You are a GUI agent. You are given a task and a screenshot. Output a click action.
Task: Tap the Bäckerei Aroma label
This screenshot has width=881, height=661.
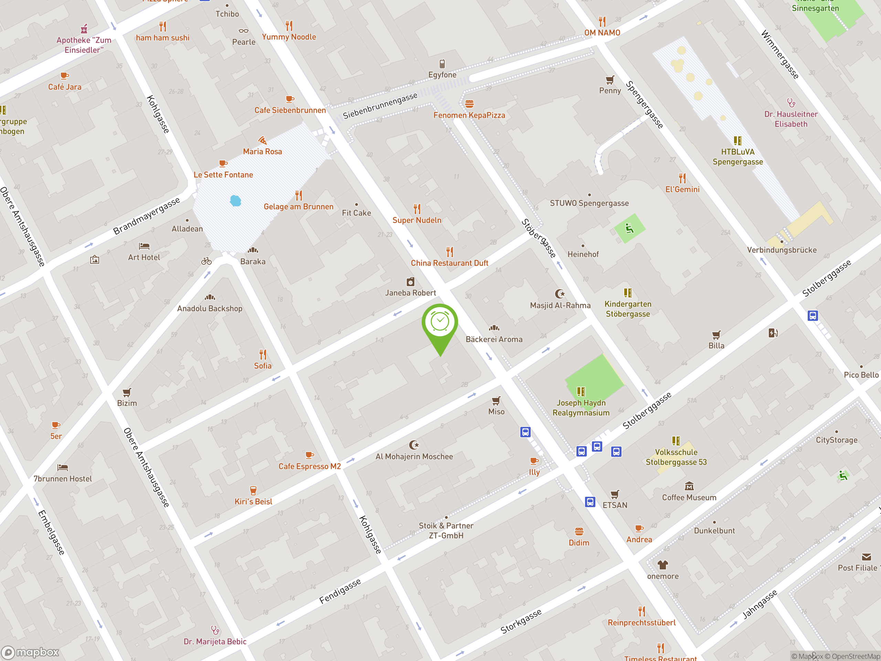point(494,339)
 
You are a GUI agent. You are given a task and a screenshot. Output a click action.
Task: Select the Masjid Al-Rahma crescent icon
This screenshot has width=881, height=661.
point(560,294)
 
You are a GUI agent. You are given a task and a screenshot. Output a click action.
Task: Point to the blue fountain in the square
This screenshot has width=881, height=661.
point(235,200)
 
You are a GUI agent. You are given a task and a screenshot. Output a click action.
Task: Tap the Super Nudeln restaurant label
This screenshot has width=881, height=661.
point(417,220)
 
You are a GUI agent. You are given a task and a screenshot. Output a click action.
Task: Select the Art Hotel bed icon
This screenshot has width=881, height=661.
point(144,246)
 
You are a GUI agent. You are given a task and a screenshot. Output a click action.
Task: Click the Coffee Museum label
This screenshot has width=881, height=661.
point(689,497)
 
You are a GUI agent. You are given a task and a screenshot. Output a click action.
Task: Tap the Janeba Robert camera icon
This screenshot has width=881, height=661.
point(410,282)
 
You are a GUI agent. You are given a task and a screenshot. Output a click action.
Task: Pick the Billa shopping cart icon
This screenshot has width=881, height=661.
point(716,335)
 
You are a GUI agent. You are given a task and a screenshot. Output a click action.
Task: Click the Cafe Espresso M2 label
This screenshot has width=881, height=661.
point(309,466)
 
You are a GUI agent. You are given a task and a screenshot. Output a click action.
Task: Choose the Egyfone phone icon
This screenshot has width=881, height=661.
point(442,64)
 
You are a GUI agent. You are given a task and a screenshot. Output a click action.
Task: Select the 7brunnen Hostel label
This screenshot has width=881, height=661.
point(63,479)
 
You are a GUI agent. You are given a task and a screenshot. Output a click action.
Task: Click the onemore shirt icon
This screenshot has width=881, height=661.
point(662,565)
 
